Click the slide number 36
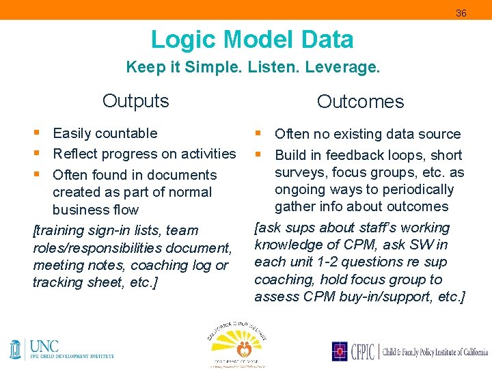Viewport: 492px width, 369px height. (x=461, y=13)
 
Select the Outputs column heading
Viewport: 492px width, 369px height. (x=135, y=101)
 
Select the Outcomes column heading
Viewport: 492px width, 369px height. (x=360, y=102)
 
